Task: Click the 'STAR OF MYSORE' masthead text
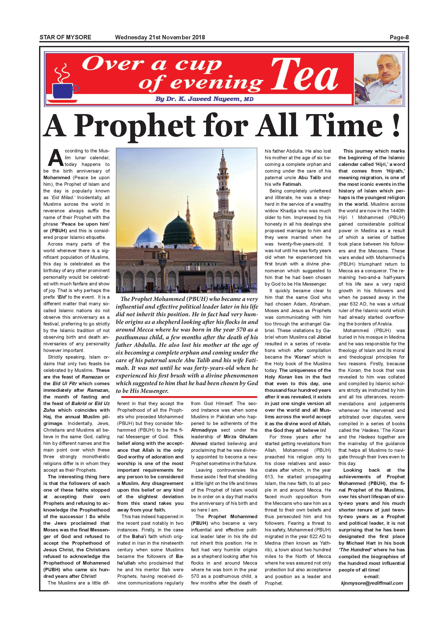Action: (x=65, y=37)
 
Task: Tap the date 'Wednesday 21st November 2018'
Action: (x=160, y=37)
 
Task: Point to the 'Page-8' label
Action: (x=399, y=37)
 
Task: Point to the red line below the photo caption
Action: (x=186, y=397)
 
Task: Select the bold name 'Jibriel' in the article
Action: (x=324, y=337)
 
